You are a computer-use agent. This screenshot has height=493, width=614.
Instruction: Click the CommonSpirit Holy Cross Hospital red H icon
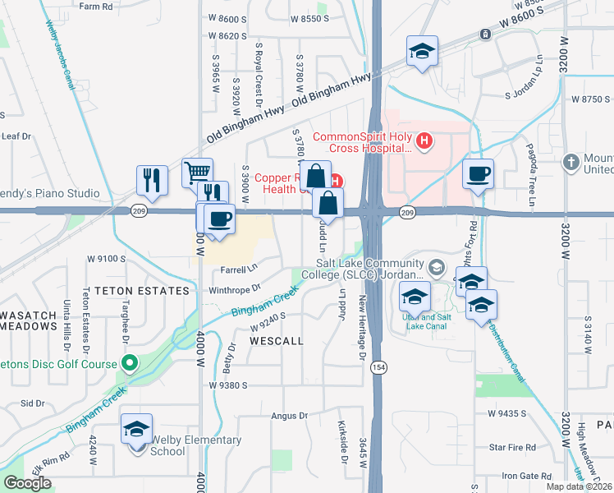424,141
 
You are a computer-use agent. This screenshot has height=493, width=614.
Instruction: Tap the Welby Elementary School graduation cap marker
137,428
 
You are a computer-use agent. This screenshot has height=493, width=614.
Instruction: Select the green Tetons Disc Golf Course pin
129,362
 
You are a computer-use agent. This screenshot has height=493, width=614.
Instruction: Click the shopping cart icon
197,173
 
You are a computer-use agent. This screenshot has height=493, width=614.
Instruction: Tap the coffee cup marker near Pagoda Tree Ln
478,173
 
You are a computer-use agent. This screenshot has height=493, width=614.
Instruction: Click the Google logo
27,483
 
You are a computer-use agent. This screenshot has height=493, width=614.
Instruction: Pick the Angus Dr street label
289,417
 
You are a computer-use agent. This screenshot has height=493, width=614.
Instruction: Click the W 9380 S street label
228,385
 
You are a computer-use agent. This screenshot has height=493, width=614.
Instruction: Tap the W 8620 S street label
227,36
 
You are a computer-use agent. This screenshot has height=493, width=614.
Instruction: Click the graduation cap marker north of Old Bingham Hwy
422,51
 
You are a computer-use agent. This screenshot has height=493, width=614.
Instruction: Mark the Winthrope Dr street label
234,288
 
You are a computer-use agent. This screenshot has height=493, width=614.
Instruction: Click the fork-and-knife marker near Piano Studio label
152,179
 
